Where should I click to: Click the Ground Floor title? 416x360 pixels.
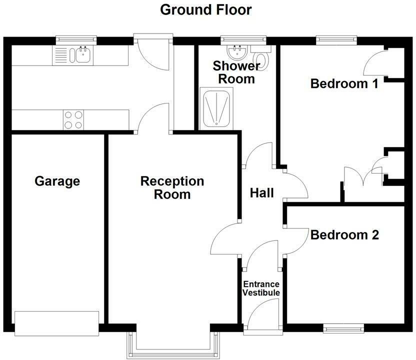pyautogui.click(x=206, y=9)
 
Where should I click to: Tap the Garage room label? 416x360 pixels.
pyautogui.click(x=57, y=180)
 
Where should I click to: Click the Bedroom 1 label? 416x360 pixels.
pyautogui.click(x=344, y=83)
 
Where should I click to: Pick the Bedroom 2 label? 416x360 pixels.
pyautogui.click(x=345, y=234)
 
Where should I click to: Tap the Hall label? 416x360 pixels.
pyautogui.click(x=261, y=192)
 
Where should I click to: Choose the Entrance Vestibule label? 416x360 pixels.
pyautogui.click(x=261, y=288)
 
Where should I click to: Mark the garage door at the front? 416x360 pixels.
pyautogui.click(x=56, y=323)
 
